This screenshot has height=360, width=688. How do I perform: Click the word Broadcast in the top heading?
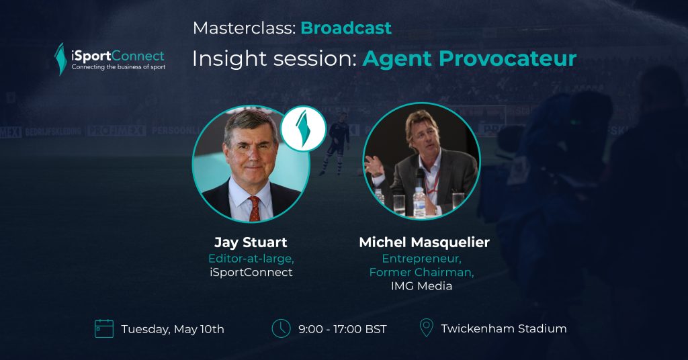[x=346, y=28]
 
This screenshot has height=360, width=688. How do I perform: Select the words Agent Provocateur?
[x=469, y=58]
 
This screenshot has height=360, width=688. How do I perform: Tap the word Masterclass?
[x=243, y=28]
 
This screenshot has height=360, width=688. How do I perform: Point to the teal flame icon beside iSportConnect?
[x=60, y=58]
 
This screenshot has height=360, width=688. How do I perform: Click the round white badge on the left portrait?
[x=303, y=129]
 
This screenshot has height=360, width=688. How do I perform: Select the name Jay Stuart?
[x=251, y=242]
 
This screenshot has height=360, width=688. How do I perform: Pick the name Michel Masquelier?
[x=425, y=242]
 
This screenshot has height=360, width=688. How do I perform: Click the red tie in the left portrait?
[x=254, y=208]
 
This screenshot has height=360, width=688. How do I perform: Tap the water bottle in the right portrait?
[x=419, y=202]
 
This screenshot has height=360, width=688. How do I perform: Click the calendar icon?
[x=104, y=329]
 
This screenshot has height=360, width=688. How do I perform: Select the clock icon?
[x=281, y=328]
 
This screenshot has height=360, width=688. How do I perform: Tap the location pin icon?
[x=426, y=328]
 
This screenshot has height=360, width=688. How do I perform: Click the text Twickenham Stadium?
[x=504, y=328]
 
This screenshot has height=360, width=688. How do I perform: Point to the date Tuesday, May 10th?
[x=173, y=329]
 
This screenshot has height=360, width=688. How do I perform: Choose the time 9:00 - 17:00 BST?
[x=342, y=329]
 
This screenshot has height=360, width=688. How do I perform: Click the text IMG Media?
[x=421, y=286]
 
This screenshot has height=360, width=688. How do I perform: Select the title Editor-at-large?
[x=251, y=259]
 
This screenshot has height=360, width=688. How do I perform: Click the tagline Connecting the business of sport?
[x=118, y=67]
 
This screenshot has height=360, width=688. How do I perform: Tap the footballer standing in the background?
[x=338, y=143]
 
